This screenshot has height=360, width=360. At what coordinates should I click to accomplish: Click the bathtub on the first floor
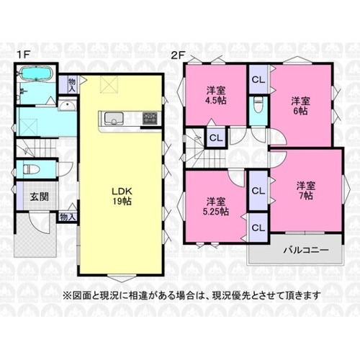click(x=36, y=73)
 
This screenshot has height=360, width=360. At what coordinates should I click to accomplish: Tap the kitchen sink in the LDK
click(x=114, y=118)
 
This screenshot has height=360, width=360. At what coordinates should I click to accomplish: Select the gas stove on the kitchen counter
click(x=150, y=118)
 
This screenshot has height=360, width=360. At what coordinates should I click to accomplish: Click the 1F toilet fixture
click(x=28, y=168)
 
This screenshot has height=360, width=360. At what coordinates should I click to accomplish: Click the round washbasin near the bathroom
click(x=68, y=106)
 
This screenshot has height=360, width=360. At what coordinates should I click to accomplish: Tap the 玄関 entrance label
click(x=39, y=197)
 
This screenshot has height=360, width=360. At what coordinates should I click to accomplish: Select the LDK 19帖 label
click(x=122, y=196)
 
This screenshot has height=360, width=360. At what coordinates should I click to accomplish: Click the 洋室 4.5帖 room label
click(x=216, y=96)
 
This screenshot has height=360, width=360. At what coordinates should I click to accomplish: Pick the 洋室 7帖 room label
click(x=306, y=191)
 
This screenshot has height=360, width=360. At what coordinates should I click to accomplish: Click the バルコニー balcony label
click(x=306, y=251)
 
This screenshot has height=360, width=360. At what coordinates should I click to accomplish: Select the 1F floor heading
click(x=23, y=55)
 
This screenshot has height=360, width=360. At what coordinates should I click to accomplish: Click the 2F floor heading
click(x=177, y=55)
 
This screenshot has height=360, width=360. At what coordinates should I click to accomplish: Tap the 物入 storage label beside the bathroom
click(x=72, y=85)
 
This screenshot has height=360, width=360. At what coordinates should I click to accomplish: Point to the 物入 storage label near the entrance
click(x=68, y=217)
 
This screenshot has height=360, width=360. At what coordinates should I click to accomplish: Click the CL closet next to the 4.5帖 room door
click(x=216, y=138)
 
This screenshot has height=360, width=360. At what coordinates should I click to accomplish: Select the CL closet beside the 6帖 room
click(x=258, y=79)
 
